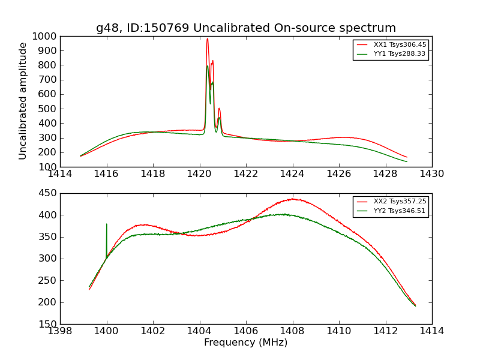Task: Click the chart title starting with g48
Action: coord(246,28)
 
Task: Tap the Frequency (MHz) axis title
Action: coord(246,343)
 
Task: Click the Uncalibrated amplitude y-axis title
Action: coord(23,101)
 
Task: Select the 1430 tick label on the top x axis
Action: coord(432,174)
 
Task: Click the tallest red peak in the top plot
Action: coord(208,40)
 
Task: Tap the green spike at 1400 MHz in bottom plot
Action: coord(107,225)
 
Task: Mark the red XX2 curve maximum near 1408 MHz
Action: coord(293,199)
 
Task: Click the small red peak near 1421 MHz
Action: coord(219,109)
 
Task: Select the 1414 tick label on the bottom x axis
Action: coord(432,331)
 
